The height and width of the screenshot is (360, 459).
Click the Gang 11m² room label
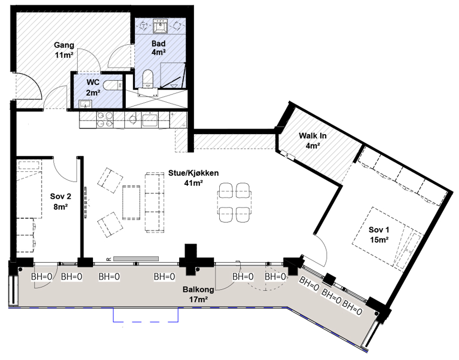64,50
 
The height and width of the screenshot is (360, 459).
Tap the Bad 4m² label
158,48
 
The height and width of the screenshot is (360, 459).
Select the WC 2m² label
93,87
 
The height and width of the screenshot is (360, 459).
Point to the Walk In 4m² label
312,141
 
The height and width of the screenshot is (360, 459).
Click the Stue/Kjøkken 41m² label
193,178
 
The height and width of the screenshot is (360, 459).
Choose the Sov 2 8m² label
60,201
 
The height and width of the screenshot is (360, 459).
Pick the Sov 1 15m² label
379,235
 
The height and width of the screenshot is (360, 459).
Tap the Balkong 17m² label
198,295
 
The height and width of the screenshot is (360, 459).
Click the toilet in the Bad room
147,78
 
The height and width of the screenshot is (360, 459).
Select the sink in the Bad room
160,26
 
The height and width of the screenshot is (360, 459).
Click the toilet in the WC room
113,85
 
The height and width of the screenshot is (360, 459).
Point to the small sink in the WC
85,103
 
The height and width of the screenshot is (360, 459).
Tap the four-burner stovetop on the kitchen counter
105,119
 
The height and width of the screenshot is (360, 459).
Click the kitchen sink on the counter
150,120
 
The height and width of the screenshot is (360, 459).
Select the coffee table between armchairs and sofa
131,202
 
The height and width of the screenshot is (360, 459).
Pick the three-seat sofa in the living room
154,202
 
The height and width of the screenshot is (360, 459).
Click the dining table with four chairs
234,202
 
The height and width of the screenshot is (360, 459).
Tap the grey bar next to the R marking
136,259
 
